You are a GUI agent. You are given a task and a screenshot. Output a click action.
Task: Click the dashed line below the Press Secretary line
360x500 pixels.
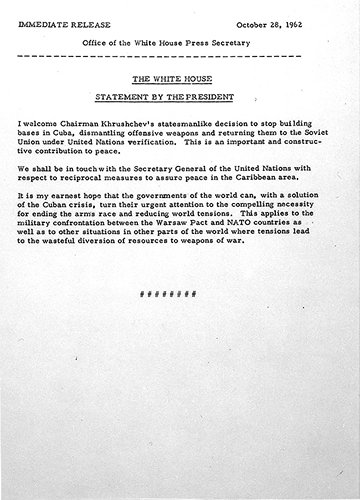[181, 48]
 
